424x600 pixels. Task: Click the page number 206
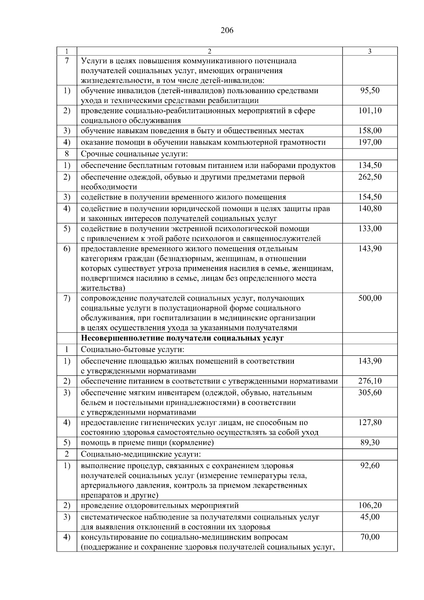coord(227,30)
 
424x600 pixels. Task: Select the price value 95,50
coord(370,91)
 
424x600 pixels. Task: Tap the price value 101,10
coord(370,111)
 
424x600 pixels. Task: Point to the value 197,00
coord(370,142)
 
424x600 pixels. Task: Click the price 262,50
coord(370,177)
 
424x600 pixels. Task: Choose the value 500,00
coord(370,298)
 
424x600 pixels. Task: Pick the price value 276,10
coord(370,381)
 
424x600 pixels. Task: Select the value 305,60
coord(370,392)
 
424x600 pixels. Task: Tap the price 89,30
coord(370,443)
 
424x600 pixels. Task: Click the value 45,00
coord(370,517)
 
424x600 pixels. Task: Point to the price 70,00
coord(370,537)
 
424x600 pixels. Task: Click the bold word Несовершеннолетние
coord(121,338)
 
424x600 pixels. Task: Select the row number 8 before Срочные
coord(66,154)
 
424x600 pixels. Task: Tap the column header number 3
coord(370,51)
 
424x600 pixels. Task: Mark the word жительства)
coord(103,288)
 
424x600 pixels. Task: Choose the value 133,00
coord(370,228)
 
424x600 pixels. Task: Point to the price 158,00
coord(370,131)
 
